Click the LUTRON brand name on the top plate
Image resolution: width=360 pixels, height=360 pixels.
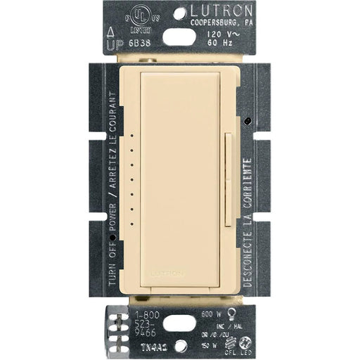coord(225,13)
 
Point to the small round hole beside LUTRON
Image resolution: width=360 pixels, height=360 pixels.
coord(181,13)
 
